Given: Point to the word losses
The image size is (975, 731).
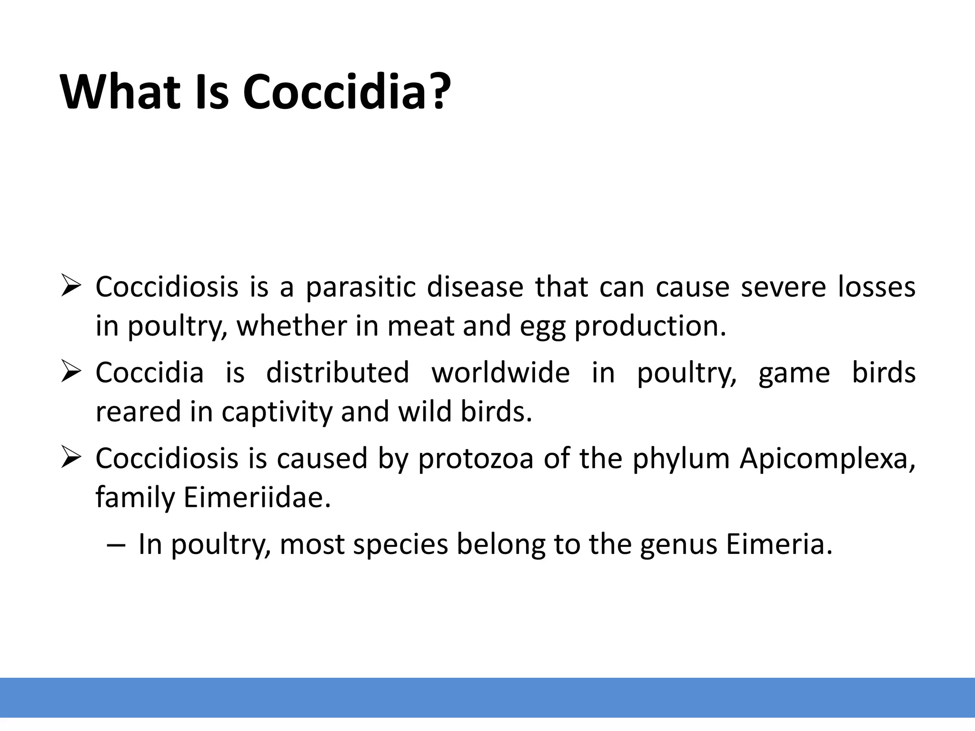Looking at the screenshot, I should point(876,287).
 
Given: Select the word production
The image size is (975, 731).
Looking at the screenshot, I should point(650,327).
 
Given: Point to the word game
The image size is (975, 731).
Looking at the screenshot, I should point(794,374).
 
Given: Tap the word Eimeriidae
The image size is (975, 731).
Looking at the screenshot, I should point(257,498).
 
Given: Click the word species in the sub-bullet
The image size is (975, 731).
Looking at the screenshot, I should point(400,545).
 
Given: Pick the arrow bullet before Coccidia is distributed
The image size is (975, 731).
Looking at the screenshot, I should point(72,373).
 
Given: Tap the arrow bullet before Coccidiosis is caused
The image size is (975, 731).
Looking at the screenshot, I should point(72,459).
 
